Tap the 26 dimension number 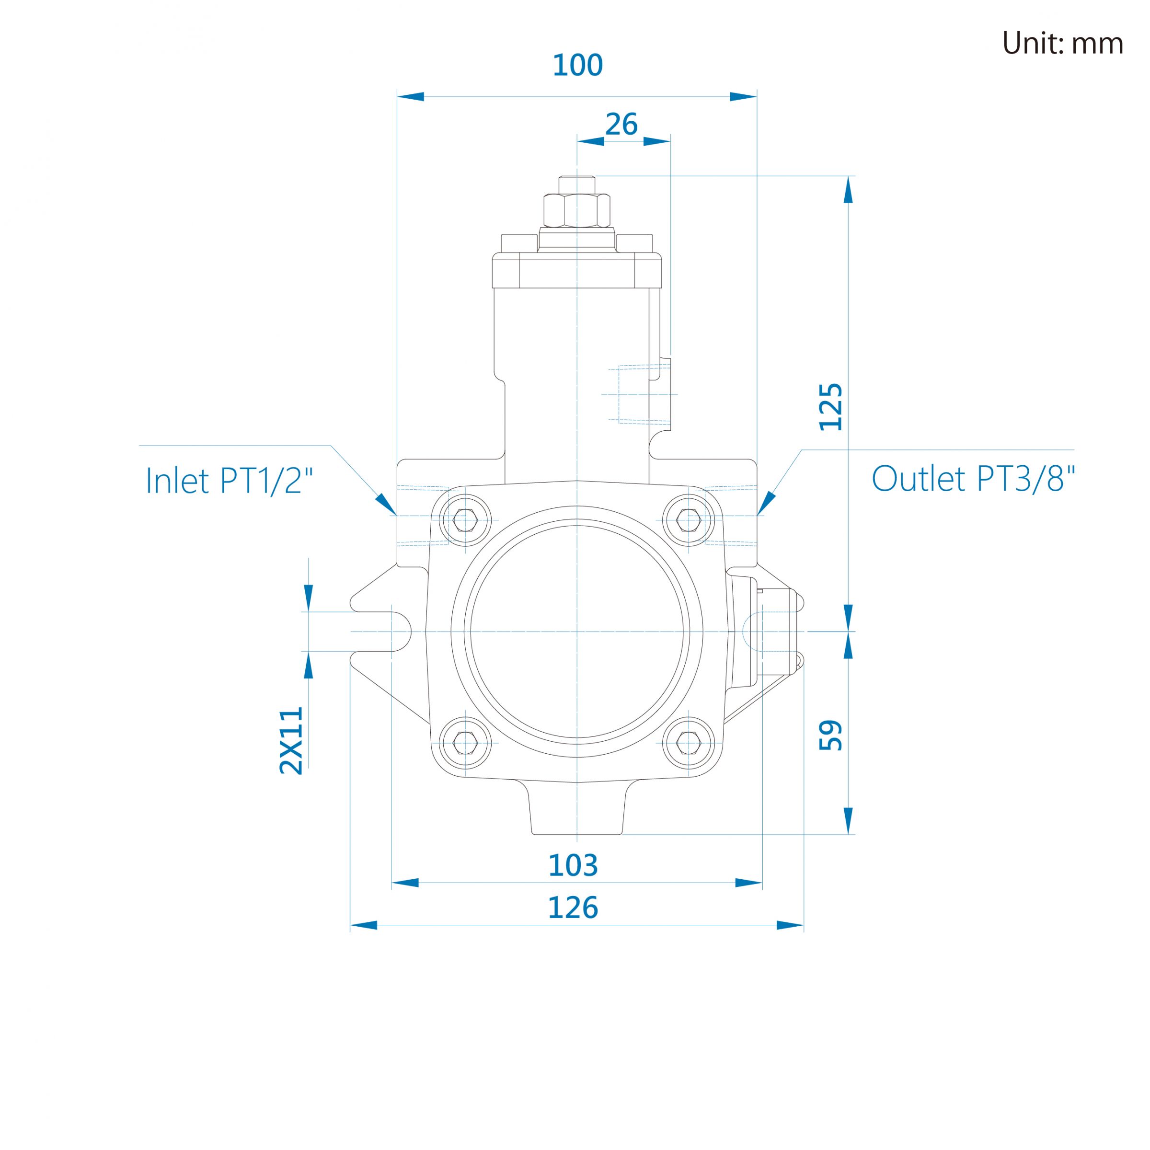(621, 125)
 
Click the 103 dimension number (573, 865)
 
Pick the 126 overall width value (573, 908)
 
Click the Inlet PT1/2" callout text (229, 480)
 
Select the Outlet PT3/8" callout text (973, 478)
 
